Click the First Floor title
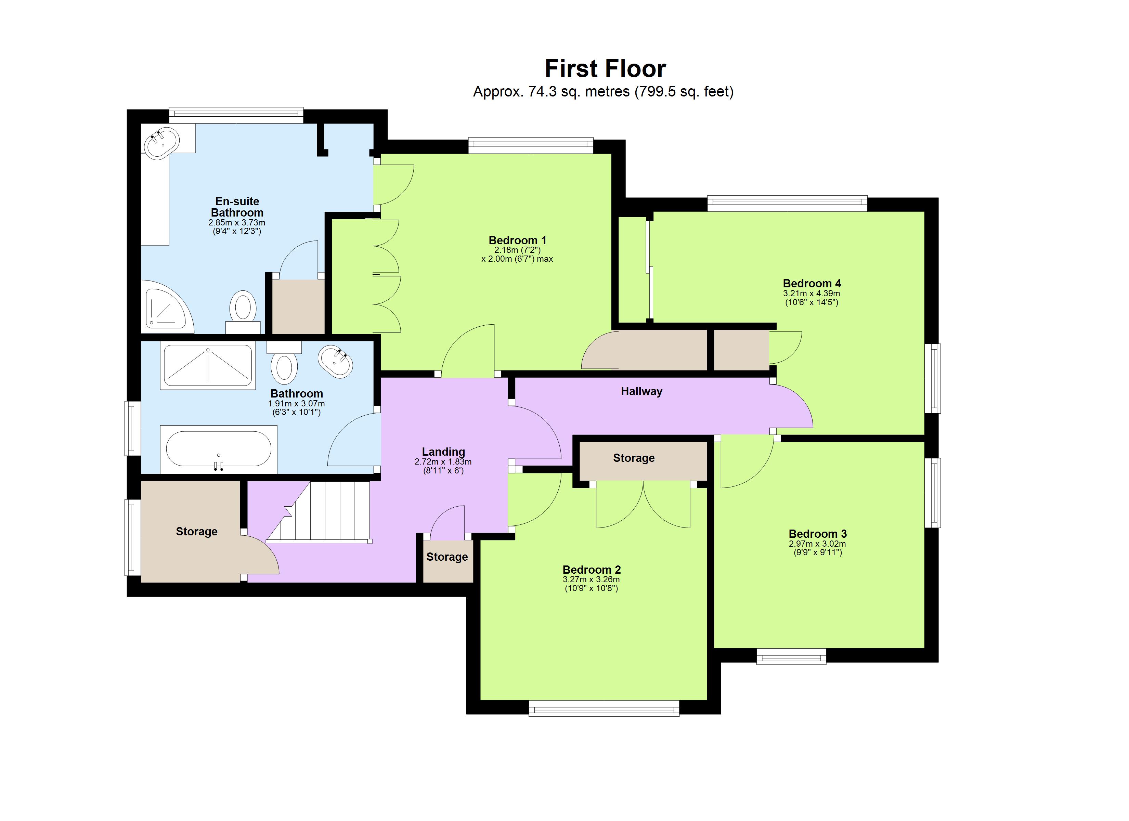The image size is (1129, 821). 605,69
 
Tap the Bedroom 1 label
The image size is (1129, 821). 517,240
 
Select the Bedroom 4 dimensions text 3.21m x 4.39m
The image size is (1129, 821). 812,293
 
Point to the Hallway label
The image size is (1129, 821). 641,391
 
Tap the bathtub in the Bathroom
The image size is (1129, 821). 219,448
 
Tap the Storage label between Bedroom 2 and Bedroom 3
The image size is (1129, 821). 633,458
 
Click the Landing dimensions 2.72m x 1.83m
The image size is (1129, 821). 443,461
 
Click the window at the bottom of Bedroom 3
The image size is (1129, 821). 791,656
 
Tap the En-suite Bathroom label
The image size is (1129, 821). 237,207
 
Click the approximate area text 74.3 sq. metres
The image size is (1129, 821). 551,92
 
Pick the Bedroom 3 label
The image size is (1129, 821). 817,534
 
